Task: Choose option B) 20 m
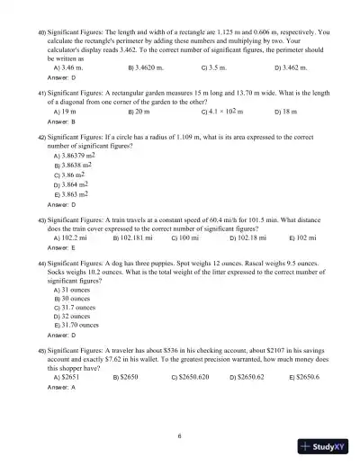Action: [139, 111]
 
